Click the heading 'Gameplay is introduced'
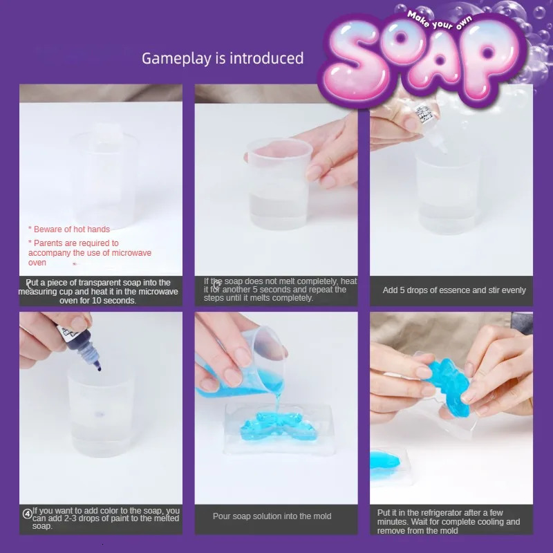pyautogui.click(x=223, y=58)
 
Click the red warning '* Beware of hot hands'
pyautogui.click(x=68, y=229)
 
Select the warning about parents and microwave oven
pyautogui.click(x=89, y=253)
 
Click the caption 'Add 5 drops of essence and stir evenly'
pyautogui.click(x=454, y=290)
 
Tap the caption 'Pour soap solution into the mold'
pyautogui.click(x=272, y=516)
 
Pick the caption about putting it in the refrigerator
pyautogui.click(x=449, y=521)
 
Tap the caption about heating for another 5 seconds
pyautogui.click(x=280, y=290)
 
